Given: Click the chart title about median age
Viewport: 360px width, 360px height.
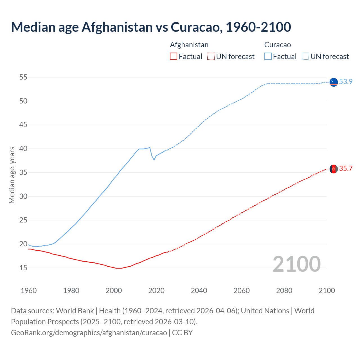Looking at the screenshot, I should click(x=151, y=27).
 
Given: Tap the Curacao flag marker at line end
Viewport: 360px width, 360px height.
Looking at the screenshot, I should click(x=334, y=82).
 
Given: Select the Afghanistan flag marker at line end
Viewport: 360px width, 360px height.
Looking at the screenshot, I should click(x=334, y=169).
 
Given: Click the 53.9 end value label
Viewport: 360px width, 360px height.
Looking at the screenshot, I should click(x=346, y=82).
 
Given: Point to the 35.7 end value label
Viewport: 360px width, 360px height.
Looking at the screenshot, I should click(x=346, y=168).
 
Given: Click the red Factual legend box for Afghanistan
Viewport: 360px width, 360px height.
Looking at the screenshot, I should click(x=174, y=57).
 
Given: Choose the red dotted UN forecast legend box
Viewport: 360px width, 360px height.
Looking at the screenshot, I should click(x=211, y=57).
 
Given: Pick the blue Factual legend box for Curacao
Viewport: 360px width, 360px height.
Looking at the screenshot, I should click(x=268, y=57).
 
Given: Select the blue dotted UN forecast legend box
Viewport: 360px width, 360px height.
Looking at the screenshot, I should click(x=305, y=57).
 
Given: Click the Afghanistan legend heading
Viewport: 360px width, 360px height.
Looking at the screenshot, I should click(x=189, y=45).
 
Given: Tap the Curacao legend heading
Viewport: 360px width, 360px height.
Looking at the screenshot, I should click(x=277, y=45).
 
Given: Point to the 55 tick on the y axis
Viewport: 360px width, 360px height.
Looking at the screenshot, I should click(x=23, y=77).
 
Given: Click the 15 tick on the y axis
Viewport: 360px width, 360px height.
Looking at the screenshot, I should click(x=23, y=268).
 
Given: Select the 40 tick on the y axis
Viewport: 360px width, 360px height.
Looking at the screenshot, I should click(x=23, y=148).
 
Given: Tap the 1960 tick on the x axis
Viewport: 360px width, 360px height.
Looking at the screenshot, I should click(x=29, y=291).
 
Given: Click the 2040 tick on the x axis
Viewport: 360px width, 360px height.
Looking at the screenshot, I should click(x=199, y=291).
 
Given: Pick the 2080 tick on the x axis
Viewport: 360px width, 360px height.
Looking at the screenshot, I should click(x=284, y=291).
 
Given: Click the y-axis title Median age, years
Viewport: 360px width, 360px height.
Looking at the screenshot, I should click(x=12, y=175).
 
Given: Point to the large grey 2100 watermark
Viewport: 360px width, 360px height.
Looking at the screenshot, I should click(x=296, y=264).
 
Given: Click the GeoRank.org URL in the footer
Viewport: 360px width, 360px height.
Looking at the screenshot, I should click(x=89, y=333).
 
